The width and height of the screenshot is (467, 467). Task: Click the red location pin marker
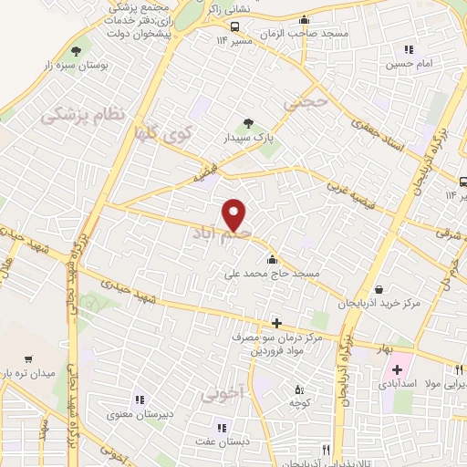[234, 215]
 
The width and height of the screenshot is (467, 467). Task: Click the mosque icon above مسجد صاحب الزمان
[304, 19]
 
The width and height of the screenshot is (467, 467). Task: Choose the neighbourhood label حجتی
[304, 103]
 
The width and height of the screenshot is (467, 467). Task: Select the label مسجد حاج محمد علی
[271, 272]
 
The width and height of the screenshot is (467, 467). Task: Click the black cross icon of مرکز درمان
[276, 323]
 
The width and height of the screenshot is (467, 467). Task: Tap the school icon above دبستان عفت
[220, 427]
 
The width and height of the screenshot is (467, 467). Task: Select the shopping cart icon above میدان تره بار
[28, 359]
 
